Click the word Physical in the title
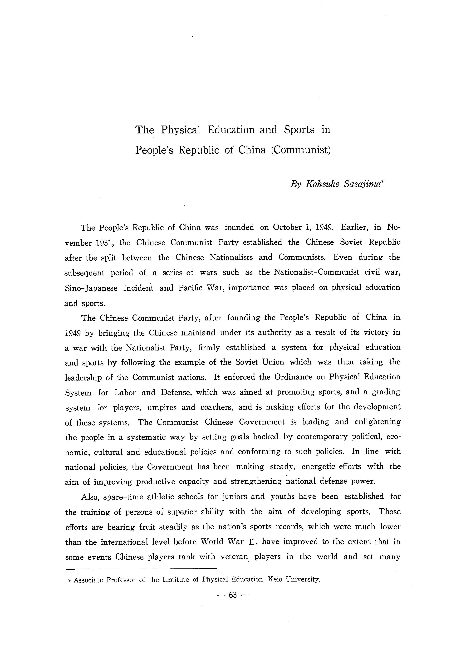click(x=181, y=130)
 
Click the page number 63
click(x=232, y=595)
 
